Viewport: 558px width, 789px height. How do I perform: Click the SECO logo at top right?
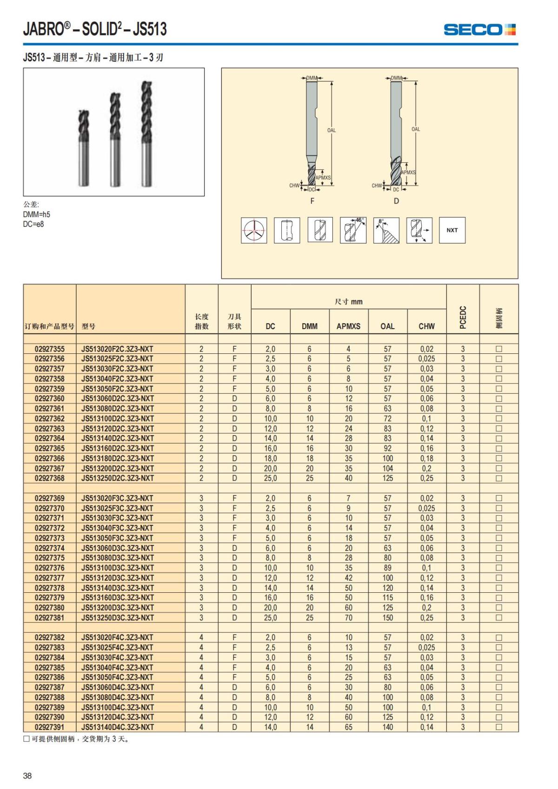(479, 30)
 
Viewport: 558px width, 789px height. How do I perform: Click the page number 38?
(27, 775)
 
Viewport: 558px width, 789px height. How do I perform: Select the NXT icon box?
(452, 230)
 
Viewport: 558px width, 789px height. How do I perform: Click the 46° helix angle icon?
(353, 230)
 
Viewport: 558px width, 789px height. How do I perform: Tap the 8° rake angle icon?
(386, 230)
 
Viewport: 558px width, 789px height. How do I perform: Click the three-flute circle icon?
(253, 230)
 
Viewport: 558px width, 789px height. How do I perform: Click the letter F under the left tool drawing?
(312, 201)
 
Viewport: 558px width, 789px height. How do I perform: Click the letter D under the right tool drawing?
(396, 201)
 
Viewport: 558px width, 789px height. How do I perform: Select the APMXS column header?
(348, 326)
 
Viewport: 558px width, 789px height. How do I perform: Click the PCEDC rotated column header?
(463, 317)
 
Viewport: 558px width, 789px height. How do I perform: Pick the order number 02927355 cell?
(50, 349)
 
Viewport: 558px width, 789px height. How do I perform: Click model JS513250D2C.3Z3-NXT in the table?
(117, 478)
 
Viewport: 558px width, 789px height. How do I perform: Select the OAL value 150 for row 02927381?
(387, 617)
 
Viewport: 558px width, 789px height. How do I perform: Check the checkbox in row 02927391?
(499, 727)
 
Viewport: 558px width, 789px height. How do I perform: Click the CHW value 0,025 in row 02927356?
(426, 358)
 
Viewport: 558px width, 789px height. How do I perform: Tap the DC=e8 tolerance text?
(33, 224)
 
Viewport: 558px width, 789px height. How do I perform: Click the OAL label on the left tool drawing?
(331, 130)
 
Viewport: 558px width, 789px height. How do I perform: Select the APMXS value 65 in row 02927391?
(348, 727)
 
